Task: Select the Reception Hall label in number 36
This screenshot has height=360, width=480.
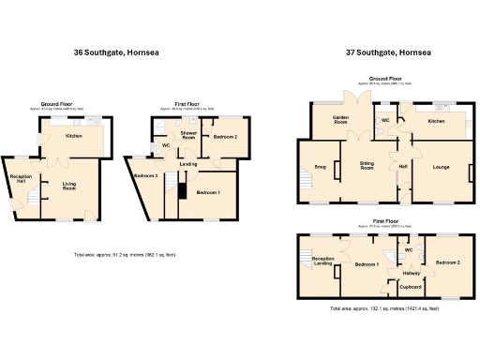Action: (x=22, y=178)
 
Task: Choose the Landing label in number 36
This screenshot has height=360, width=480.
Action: (x=188, y=167)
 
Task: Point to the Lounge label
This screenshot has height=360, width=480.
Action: (x=441, y=167)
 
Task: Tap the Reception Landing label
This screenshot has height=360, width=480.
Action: (x=323, y=262)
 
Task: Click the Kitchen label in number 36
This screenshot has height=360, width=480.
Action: (x=74, y=136)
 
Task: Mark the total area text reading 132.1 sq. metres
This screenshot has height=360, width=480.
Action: (x=385, y=307)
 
